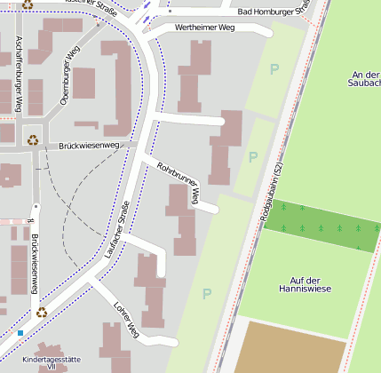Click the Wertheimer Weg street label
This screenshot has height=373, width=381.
click(x=205, y=28)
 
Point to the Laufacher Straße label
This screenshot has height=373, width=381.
click(x=112, y=234)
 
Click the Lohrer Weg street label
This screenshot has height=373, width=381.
click(x=125, y=320)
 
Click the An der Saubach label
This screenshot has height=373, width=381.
click(x=365, y=78)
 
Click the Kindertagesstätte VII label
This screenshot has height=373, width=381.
click(x=52, y=362)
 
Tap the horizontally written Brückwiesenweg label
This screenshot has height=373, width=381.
click(x=89, y=145)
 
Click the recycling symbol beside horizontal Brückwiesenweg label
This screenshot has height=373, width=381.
click(x=34, y=139)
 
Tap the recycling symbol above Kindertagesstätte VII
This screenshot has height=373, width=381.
click(x=42, y=312)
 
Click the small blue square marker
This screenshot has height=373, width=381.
click(x=20, y=333)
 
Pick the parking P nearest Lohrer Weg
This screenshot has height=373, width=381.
click(x=207, y=294)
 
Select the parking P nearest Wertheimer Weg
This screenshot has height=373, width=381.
click(x=274, y=68)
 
